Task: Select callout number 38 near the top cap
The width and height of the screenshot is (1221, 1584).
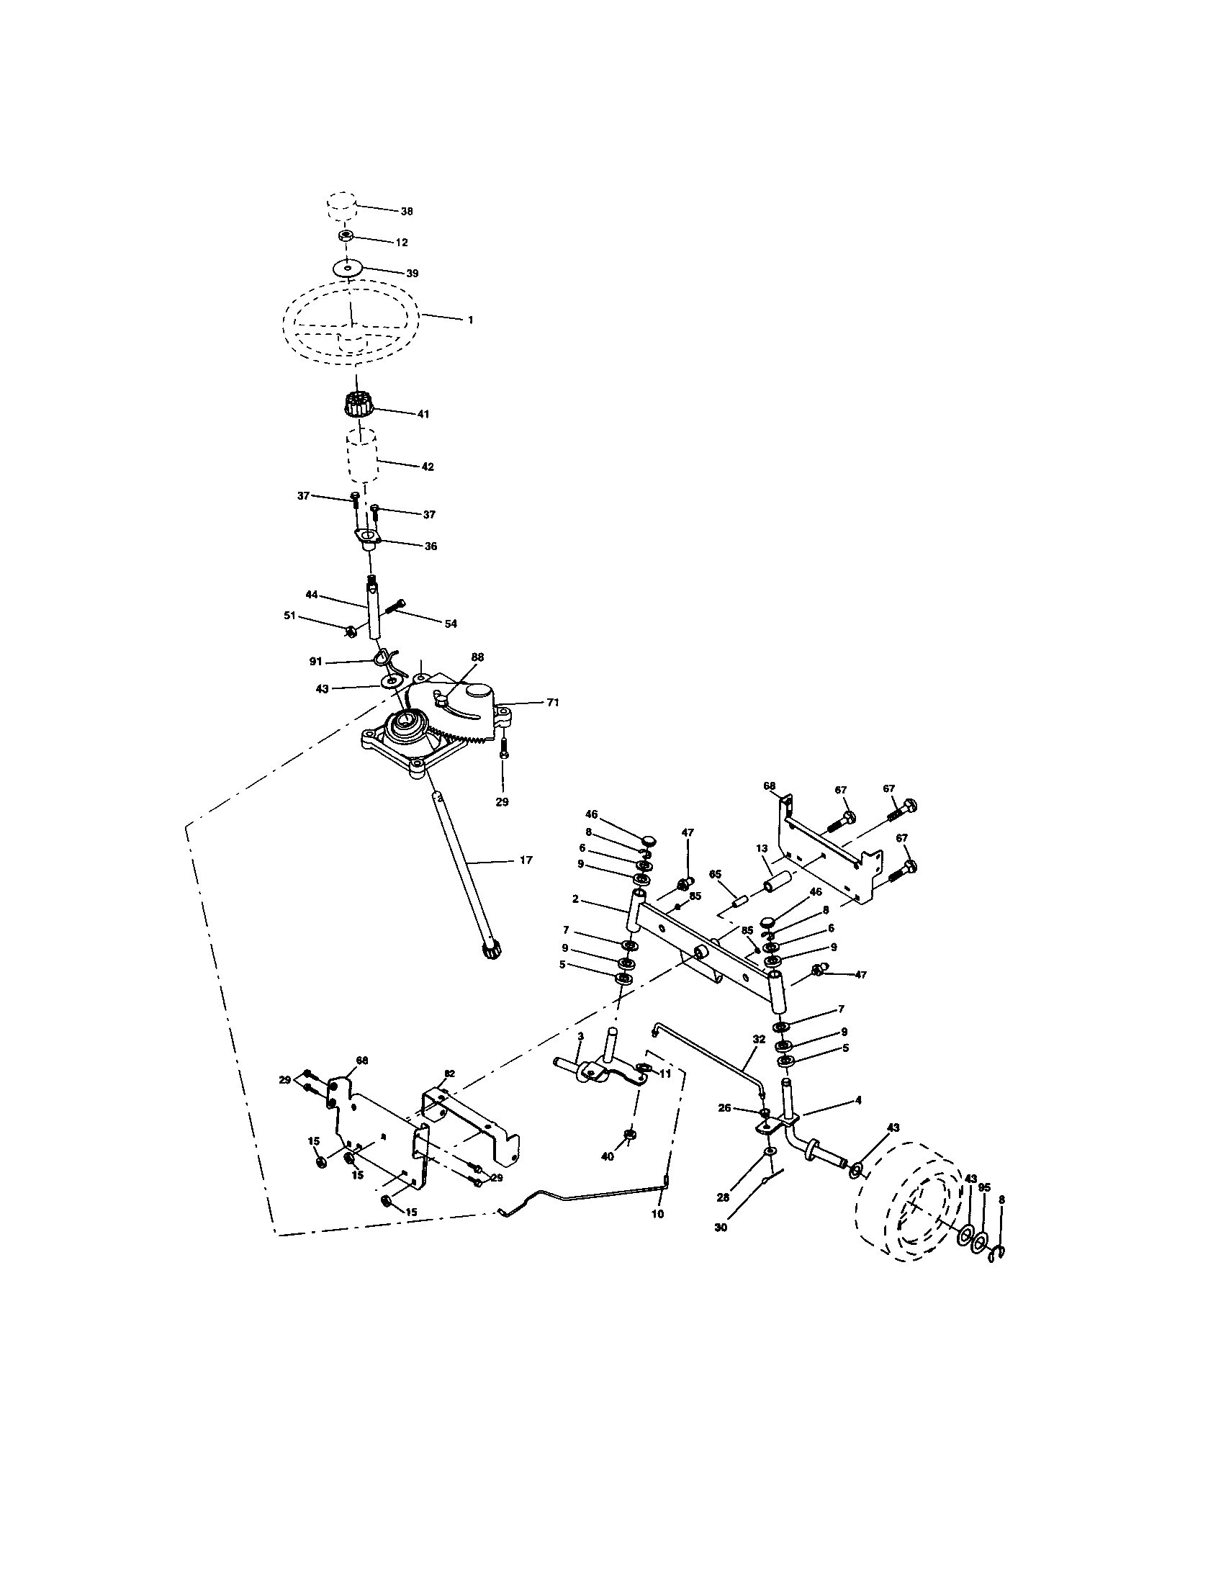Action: [x=407, y=211]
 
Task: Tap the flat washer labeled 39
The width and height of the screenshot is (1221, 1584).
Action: [x=348, y=269]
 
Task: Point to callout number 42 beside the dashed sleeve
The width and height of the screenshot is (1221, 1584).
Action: [x=428, y=467]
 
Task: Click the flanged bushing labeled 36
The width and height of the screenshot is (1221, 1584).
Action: [x=369, y=540]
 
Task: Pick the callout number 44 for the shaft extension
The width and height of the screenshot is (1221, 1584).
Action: [x=312, y=595]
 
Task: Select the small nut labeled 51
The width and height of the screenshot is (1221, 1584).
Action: [x=348, y=630]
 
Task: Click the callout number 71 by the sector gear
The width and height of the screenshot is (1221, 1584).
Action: [x=552, y=702]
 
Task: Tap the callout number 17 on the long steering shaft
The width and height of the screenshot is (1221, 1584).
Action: [x=526, y=860]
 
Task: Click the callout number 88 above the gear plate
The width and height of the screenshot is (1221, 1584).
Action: [x=477, y=657]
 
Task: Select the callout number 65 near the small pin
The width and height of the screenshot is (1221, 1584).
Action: [x=715, y=875]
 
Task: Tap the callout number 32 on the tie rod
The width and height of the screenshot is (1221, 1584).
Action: [x=758, y=1038]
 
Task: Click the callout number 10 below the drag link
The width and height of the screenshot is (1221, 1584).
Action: [x=657, y=1213]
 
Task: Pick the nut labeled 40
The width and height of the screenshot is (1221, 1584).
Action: [x=630, y=1134]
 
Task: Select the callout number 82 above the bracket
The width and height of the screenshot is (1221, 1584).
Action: [x=449, y=1073]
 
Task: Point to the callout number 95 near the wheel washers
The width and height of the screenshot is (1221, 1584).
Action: [x=984, y=1188]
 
